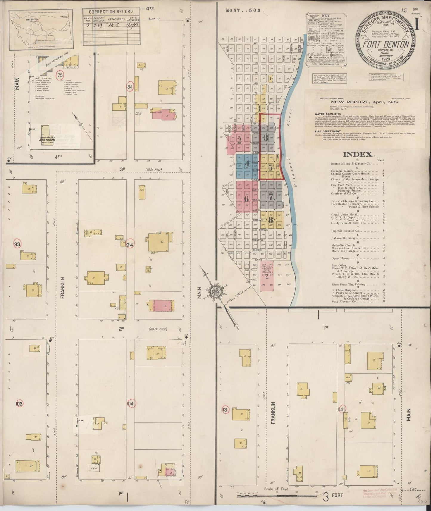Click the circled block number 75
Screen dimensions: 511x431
click(x=61, y=75)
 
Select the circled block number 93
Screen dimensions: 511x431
click(x=18, y=244)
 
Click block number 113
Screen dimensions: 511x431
click(x=224, y=410)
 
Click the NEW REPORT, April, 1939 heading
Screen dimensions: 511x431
click(x=364, y=102)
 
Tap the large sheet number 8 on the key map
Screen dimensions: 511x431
click(x=271, y=220)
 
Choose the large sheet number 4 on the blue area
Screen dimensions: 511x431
click(x=247, y=164)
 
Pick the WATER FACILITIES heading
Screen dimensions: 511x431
click(x=323, y=114)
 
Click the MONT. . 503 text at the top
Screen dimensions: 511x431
click(x=243, y=10)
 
